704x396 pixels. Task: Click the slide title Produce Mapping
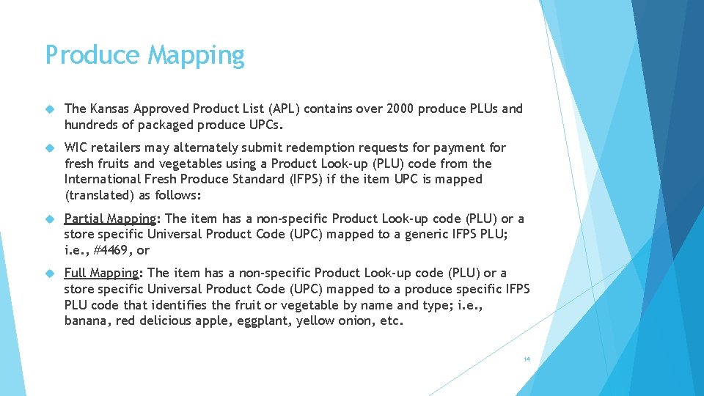144,56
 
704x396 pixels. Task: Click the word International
103,179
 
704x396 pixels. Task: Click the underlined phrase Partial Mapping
110,219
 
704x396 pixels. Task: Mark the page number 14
527,359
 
